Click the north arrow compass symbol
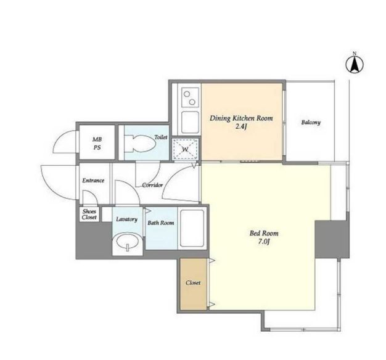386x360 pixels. pyautogui.click(x=355, y=65)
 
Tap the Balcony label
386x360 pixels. pyautogui.click(x=311, y=122)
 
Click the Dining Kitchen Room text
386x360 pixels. pyautogui.click(x=241, y=118)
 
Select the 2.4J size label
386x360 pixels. pyautogui.click(x=241, y=127)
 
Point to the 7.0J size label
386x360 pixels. pyautogui.click(x=264, y=242)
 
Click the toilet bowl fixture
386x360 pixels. pyautogui.click(x=140, y=143)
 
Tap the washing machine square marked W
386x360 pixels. pyautogui.click(x=185, y=149)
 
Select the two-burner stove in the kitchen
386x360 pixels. pyautogui.click(x=190, y=97)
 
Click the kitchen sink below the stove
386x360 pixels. pyautogui.click(x=190, y=122)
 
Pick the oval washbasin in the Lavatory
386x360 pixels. pyautogui.click(x=127, y=242)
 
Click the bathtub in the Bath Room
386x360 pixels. pyautogui.click(x=192, y=228)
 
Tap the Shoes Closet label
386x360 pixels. pyautogui.click(x=89, y=215)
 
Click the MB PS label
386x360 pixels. pyautogui.click(x=97, y=144)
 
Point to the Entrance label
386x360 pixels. pyautogui.click(x=93, y=181)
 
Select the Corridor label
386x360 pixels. pyautogui.click(x=152, y=185)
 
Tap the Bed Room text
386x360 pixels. pyautogui.click(x=264, y=233)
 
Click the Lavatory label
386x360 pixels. pyautogui.click(x=126, y=219)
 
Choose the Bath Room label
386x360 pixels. pyautogui.click(x=161, y=223)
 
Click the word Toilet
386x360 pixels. pyautogui.click(x=161, y=137)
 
